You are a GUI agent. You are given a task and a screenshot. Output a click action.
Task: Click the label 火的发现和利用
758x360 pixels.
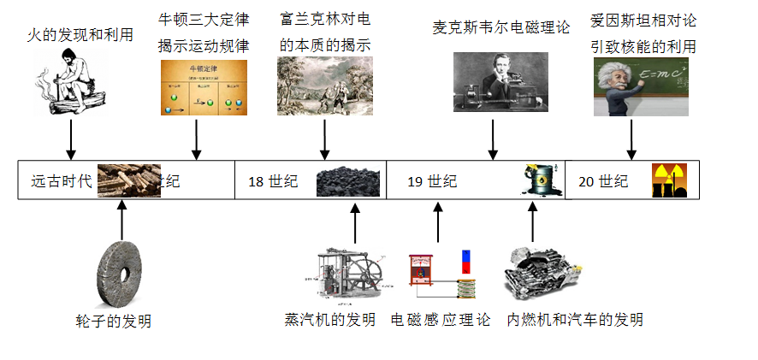(80, 35)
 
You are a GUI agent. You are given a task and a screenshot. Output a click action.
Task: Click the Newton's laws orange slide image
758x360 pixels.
(204, 87)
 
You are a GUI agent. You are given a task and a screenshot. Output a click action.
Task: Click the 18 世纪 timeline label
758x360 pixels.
(273, 181)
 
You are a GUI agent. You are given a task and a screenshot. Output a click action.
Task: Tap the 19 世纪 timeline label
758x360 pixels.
(432, 181)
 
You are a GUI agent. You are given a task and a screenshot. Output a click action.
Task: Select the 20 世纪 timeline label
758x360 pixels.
(603, 181)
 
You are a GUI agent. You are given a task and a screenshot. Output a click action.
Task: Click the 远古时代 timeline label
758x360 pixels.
(61, 181)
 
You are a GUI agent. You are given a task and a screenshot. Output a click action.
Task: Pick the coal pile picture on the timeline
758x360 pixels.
(348, 181)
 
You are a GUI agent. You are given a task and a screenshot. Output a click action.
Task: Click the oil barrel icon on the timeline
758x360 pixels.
(539, 180)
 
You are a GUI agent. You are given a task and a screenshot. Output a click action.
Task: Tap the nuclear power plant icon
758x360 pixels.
(669, 180)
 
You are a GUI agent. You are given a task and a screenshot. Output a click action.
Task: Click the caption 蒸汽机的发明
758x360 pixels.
(330, 320)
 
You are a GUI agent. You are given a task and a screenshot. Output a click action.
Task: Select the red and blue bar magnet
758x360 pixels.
(466, 263)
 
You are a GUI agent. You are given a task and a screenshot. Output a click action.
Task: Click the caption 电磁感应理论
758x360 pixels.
(441, 320)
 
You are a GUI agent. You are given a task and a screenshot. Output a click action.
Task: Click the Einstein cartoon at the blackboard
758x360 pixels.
(643, 87)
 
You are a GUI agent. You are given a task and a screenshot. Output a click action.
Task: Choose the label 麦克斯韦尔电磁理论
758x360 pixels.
(501, 27)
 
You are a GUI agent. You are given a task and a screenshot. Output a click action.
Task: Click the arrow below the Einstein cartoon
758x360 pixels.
(631, 139)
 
